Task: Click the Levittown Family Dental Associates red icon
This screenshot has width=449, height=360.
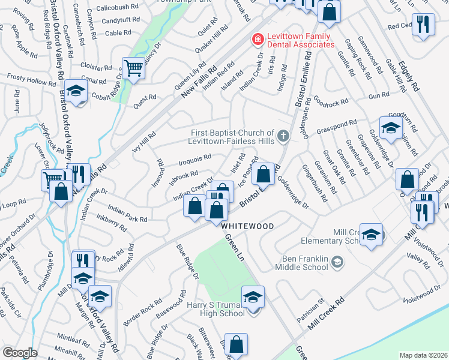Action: tap(258, 40)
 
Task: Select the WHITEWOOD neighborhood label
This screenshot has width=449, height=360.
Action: tap(247, 226)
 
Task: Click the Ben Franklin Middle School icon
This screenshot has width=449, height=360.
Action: tap(337, 261)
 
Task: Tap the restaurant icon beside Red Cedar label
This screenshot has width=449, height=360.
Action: tap(424, 25)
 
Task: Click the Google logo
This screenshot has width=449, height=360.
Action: tap(20, 353)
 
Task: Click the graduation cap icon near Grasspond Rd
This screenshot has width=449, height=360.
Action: tap(391, 128)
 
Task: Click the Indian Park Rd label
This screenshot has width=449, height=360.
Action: tap(127, 215)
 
